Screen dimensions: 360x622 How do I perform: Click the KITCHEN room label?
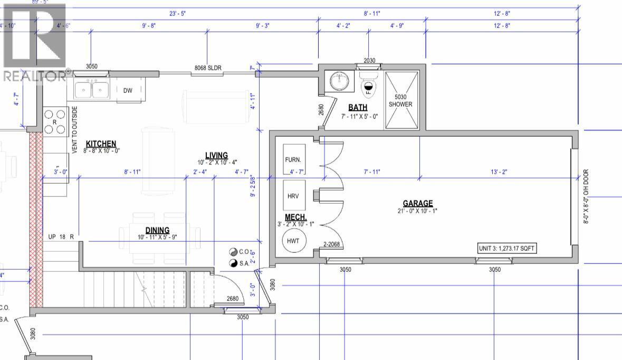[x=101, y=144]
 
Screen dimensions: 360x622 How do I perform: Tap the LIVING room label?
[x=216, y=155]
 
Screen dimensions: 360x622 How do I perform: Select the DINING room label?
[x=157, y=230]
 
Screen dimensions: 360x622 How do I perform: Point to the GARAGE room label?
[x=417, y=203]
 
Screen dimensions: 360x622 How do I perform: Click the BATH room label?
[x=357, y=108]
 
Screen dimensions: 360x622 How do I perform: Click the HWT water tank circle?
[x=294, y=241]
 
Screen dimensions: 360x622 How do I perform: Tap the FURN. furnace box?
[x=294, y=159]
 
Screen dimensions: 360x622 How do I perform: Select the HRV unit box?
[x=293, y=196]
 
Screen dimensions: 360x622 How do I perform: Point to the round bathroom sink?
[x=339, y=81]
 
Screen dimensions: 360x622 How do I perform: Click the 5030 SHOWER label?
[x=400, y=100]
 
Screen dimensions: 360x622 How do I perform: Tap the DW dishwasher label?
[x=128, y=90]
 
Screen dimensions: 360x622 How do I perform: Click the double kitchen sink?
[x=92, y=90]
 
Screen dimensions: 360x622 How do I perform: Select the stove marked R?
[x=55, y=121]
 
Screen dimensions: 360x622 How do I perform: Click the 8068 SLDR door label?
[x=208, y=68]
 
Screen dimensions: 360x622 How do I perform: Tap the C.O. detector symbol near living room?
[x=233, y=252]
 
